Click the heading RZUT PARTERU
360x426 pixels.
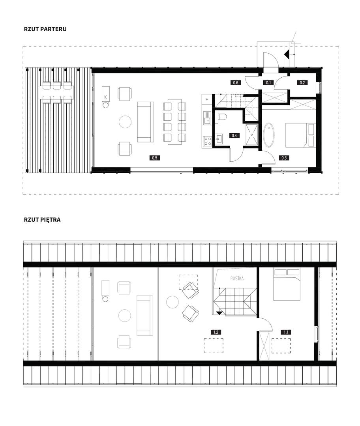click(45, 29)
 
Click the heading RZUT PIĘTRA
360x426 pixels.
click(42, 220)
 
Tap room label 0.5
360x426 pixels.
click(155, 157)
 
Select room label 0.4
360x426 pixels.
click(234, 135)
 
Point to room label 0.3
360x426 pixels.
click(284, 157)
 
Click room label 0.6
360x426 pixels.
click(236, 82)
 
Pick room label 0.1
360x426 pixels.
click(268, 82)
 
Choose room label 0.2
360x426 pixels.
click(302, 82)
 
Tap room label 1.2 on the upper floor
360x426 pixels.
click(216, 332)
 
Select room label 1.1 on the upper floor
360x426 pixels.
click(286, 332)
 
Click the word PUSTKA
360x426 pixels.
click(237, 278)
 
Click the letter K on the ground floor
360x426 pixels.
click(105, 97)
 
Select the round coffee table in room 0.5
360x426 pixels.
click(126, 122)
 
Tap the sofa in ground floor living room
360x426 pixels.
click(146, 122)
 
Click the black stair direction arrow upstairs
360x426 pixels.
click(219, 313)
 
